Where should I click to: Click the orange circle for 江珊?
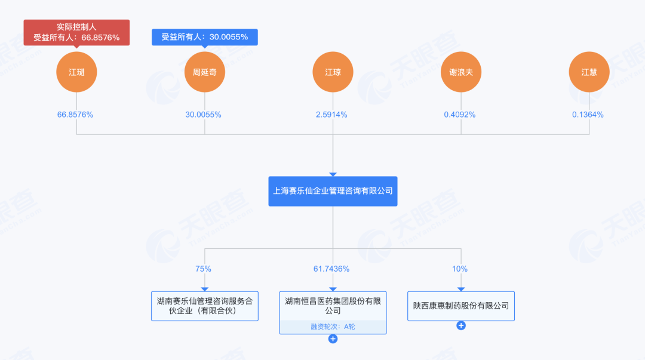coord(76,72)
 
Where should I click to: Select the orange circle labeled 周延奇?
coord(205,72)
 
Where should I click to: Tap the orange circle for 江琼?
coord(333,72)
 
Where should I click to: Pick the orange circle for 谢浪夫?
coord(461,72)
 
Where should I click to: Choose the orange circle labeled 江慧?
coord(589,72)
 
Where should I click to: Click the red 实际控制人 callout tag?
coord(76,32)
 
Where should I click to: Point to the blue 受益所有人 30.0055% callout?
coord(204,37)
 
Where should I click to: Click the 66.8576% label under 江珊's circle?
coord(75,115)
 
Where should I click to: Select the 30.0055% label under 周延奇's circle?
coord(204,115)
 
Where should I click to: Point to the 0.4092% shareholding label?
coord(460,115)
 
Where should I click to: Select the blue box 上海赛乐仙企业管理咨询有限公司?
coord(333,191)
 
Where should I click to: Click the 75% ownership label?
coord(203,269)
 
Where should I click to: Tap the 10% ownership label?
coord(460,269)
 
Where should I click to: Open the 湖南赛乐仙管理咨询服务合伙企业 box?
coord(205,306)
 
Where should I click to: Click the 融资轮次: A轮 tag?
coord(333,327)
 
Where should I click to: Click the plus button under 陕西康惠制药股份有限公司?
coord(461,325)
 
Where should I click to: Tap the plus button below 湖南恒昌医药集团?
coord(333,339)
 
